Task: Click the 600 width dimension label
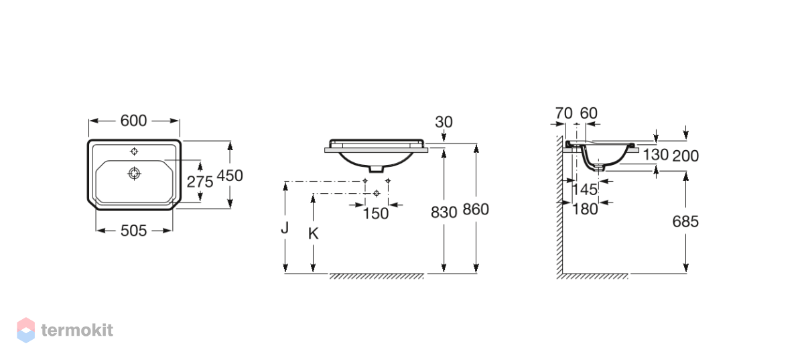[x=133, y=121]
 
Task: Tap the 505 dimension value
[x=133, y=231]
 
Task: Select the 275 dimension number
[x=200, y=182]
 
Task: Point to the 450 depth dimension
[x=230, y=176]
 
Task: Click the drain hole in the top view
[x=134, y=174]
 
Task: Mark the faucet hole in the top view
[x=134, y=152]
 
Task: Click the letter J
[x=285, y=228]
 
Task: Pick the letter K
[x=313, y=234]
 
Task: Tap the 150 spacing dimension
[x=375, y=213]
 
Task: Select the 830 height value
[x=444, y=213]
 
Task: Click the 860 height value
[x=476, y=209]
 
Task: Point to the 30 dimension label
[x=444, y=122]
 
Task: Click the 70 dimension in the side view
[x=563, y=113]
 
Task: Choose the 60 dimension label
[x=589, y=113]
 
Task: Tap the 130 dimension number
[x=655, y=155]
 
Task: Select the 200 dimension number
[x=685, y=156]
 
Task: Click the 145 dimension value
[x=584, y=189]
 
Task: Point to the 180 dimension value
[x=585, y=209]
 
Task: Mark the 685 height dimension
[x=685, y=222]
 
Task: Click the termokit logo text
[x=77, y=331]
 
